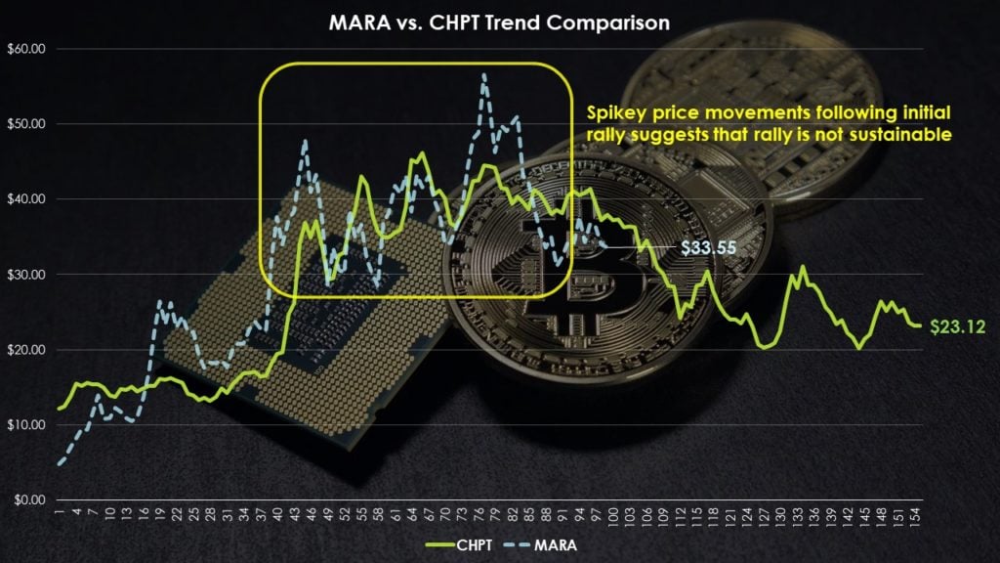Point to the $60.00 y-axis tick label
24,49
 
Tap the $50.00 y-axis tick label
24,124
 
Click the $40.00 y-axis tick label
24,199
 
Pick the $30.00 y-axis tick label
24,275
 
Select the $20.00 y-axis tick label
24,350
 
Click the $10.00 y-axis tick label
24,425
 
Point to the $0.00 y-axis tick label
27,500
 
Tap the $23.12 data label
957,326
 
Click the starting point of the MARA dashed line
60,463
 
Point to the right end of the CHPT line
919,325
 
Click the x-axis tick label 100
612,519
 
